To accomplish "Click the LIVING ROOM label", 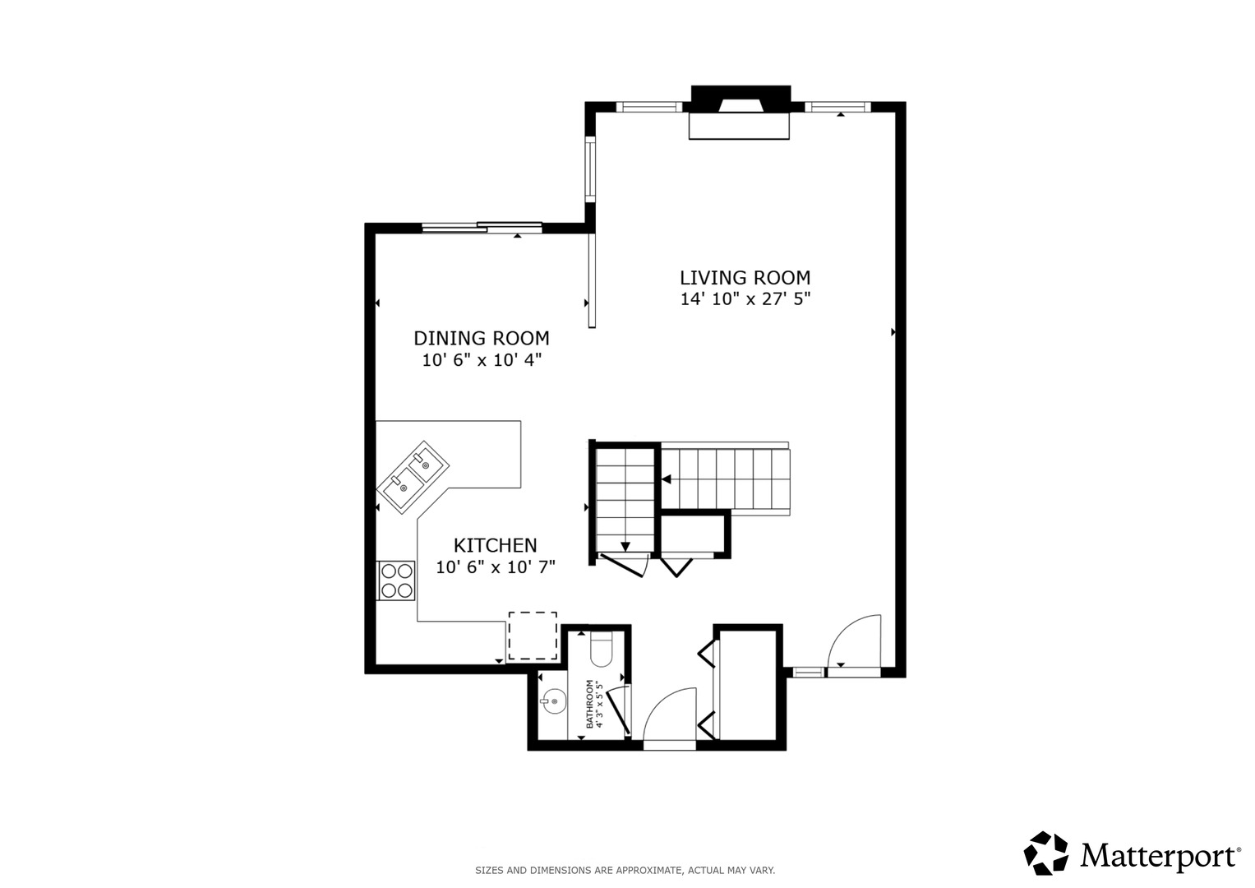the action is (745, 278).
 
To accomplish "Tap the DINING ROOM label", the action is (482, 339).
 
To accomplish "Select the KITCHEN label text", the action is (496, 545).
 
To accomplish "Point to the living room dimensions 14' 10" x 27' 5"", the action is (745, 299).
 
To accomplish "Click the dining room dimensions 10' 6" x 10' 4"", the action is (482, 360).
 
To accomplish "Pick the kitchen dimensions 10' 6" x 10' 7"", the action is (496, 567).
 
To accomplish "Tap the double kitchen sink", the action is (413, 477).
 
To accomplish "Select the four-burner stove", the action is (396, 580).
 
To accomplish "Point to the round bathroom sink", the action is (553, 701).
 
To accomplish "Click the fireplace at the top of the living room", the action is (741, 112).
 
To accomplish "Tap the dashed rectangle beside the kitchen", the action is (533, 636).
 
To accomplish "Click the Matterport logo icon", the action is (1046, 853).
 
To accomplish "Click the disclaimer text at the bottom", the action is (625, 871).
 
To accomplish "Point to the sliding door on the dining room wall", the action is (482, 227).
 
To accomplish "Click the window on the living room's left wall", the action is (590, 169).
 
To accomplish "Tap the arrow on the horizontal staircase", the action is (667, 479).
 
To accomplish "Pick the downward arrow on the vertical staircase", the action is (625, 547).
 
